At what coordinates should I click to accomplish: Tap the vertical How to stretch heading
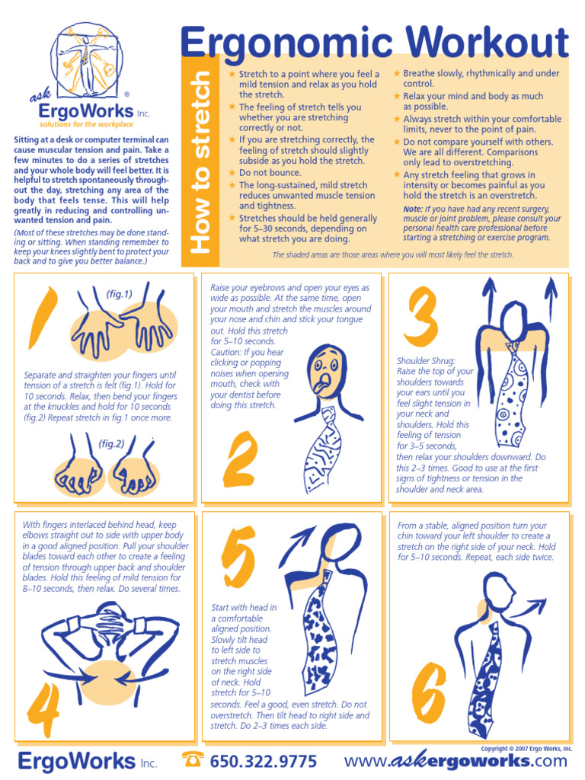(x=201, y=162)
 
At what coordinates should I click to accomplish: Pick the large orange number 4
(x=43, y=717)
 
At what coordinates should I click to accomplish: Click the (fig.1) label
(x=118, y=294)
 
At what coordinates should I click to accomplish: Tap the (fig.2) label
(x=111, y=444)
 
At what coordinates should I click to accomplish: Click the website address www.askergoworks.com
(x=456, y=762)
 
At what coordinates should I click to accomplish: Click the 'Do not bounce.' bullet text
(x=270, y=173)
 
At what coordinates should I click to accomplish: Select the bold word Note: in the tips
(x=414, y=209)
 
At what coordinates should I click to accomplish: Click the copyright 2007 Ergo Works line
(x=526, y=749)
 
